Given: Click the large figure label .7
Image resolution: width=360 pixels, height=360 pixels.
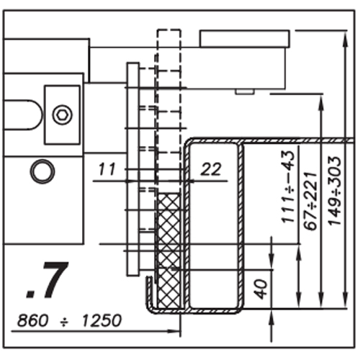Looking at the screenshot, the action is [x=47, y=280].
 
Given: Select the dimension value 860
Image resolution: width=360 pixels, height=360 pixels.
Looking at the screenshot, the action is [x=32, y=320].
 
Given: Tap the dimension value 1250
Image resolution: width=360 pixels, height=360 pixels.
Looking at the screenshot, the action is [x=102, y=320].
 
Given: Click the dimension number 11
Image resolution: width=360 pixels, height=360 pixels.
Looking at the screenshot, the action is [x=107, y=169].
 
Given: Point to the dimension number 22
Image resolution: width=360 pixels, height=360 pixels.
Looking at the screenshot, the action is [x=210, y=169].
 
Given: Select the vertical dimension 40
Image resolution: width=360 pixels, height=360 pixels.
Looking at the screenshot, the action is [x=261, y=289].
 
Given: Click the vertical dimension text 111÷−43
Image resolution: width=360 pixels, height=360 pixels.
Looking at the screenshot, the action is [x=287, y=186].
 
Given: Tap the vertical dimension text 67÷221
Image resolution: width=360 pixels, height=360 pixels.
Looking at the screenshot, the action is [x=310, y=201].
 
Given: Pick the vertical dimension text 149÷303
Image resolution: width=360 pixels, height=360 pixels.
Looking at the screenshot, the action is [x=334, y=191].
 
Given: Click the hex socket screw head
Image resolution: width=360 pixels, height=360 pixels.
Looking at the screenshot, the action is [x=63, y=114].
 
